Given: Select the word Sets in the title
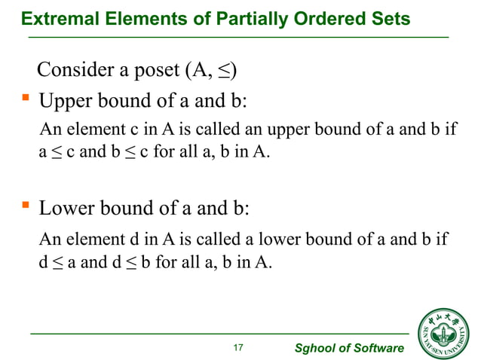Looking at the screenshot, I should coord(392,17).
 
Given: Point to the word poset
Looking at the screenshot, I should coord(154,72).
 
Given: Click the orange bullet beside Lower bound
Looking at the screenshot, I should coord(24,205).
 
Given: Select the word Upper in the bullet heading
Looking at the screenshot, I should coord(63,100).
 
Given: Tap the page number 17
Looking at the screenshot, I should coord(239,347).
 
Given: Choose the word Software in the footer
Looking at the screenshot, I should coord(376,348).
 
